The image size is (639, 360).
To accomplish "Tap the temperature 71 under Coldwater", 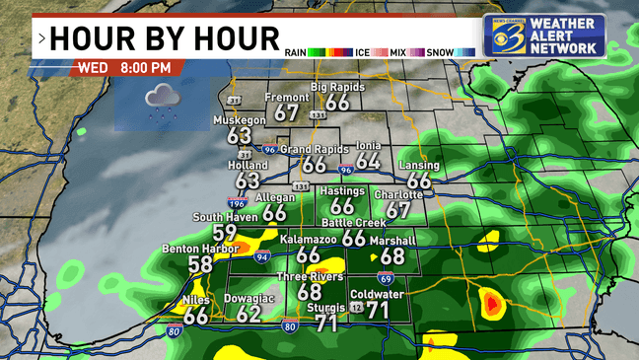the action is (377, 310).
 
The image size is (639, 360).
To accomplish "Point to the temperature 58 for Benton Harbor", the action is (200, 264).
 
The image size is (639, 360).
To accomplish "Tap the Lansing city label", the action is (419, 166).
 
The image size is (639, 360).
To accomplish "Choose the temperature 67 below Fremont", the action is (287, 113).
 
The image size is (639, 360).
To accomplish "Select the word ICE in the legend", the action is (364, 51).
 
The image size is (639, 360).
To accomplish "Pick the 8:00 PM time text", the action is (145, 68).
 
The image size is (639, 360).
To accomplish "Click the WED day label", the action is (92, 68).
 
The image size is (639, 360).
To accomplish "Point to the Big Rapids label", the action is (337, 88).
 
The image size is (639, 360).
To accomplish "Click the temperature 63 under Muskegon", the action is (240, 135).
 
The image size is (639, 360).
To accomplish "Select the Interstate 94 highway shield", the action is (261, 257).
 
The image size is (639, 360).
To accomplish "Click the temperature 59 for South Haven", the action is (226, 233).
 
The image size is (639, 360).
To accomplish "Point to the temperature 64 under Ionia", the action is (368, 161).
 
